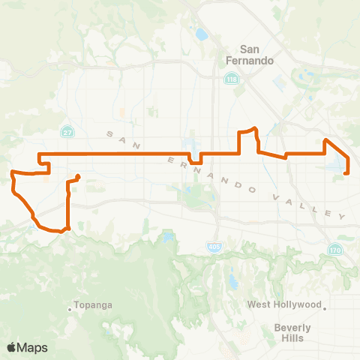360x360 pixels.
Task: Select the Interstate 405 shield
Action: point(213,247)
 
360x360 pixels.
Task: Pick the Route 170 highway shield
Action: point(334,250)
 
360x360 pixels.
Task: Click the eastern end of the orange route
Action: point(346,173)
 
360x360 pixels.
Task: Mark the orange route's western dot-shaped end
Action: point(77,177)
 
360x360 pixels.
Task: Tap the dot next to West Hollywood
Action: point(325,306)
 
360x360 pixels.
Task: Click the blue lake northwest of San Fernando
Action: point(200,34)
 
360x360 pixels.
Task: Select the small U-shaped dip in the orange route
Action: point(196,159)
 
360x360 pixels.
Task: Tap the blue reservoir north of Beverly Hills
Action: point(231,281)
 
